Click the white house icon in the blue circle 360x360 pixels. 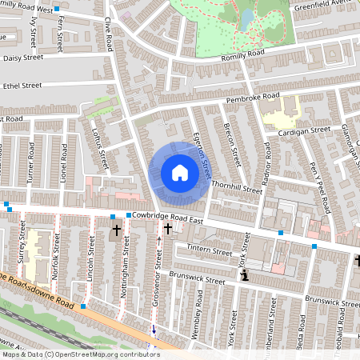click(180, 172)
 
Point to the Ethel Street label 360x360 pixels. click(22, 84)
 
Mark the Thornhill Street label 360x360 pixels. click(237, 190)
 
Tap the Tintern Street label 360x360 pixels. click(210, 250)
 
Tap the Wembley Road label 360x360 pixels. click(197, 318)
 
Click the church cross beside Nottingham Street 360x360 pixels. click(117, 230)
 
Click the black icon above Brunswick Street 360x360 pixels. click(245, 274)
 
